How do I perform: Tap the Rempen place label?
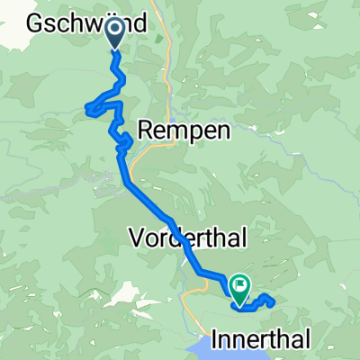tap(185, 130)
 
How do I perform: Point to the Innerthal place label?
tap(262, 338)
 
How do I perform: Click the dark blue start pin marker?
tap(117, 34)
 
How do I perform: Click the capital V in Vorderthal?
tap(137, 239)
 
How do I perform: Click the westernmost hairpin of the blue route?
tap(86, 109)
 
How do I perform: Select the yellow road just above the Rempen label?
tap(167, 99)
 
